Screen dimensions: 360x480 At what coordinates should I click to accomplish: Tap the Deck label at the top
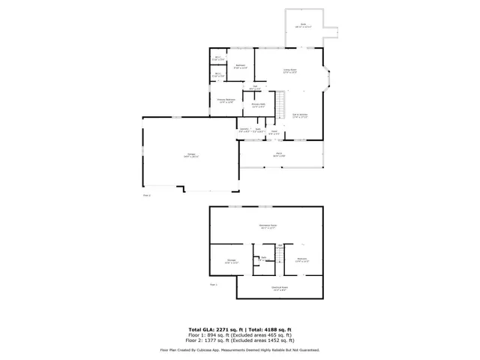point(304,25)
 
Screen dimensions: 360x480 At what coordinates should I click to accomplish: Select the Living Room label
point(289,70)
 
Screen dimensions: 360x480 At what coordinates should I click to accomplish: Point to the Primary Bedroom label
point(226,100)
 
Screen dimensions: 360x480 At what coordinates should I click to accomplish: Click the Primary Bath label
point(259,106)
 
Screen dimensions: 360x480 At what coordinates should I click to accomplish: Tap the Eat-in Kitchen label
point(301,115)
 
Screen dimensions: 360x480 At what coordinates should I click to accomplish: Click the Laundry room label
point(244,130)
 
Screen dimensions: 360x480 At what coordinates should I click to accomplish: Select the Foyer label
point(274,133)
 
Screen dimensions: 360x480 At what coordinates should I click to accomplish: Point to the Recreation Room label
point(268,227)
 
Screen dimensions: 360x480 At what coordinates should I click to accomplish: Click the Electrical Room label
point(280,288)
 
